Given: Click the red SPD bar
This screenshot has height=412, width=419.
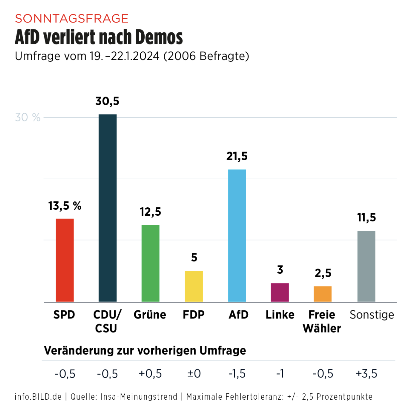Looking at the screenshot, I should (64, 260).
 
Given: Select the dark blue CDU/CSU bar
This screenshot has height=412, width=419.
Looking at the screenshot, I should (108, 208).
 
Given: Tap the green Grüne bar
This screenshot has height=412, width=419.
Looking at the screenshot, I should (150, 263).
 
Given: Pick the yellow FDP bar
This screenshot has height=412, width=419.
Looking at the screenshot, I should (194, 286).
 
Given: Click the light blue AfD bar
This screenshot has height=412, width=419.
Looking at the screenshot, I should (237, 235).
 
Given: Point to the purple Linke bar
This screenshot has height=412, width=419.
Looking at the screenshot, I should (280, 292).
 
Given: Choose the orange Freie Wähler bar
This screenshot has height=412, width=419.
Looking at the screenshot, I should (322, 294).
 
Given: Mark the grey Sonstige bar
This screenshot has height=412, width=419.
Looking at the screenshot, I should (366, 266).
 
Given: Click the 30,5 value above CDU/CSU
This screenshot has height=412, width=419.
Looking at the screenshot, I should (107, 101).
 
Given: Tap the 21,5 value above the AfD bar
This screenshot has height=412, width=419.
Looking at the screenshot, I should (237, 156).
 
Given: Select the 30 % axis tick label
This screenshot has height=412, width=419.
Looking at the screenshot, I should (28, 118).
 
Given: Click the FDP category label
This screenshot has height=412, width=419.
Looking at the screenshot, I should (193, 315).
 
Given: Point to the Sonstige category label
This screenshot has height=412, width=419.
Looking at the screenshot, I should (372, 315).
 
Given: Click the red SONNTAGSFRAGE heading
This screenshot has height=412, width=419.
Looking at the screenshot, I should (72, 19).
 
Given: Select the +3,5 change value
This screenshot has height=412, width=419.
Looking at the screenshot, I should (367, 374).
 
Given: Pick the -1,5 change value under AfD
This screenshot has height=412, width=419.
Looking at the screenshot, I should (237, 374).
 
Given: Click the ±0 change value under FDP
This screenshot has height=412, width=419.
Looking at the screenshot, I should (194, 374).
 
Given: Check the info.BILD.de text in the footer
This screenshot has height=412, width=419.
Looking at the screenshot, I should (38, 397).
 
